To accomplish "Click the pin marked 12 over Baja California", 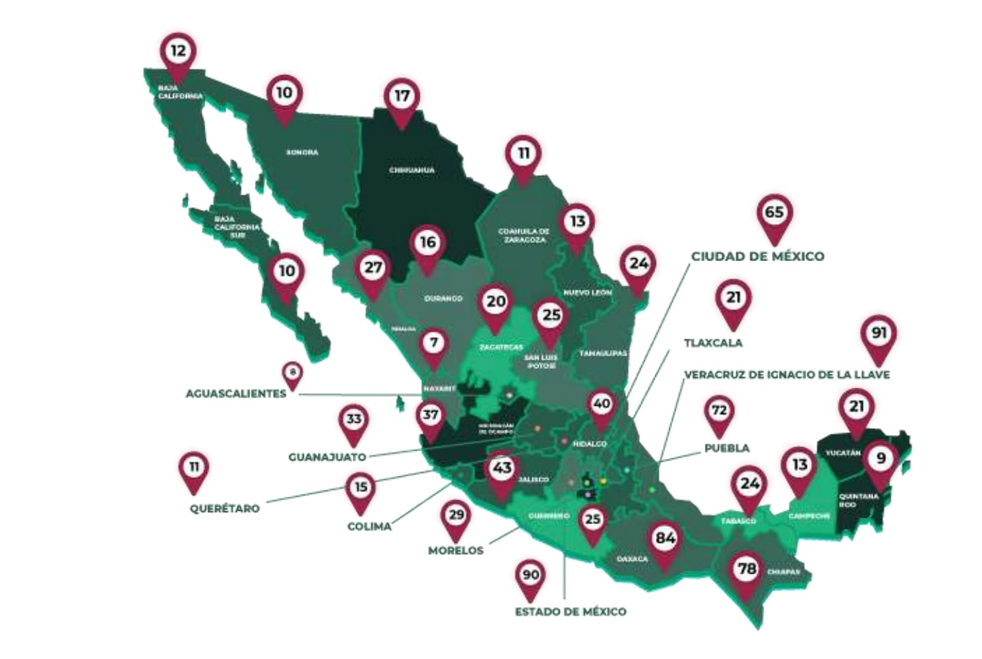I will (178, 51).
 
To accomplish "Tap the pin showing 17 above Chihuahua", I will (402, 96).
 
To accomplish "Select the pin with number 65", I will (774, 213).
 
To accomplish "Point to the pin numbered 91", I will (879, 334).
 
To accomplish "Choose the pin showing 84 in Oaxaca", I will (665, 538).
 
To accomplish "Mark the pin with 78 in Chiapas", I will (747, 569).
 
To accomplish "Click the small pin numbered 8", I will (292, 372).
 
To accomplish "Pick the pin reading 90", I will (531, 575).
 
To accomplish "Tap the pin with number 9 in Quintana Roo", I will (881, 458).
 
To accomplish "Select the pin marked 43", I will (502, 468).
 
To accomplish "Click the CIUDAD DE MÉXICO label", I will (757, 256).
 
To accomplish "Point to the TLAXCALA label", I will (712, 343).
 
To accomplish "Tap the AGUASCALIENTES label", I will (235, 394).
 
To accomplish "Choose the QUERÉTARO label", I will (224, 509).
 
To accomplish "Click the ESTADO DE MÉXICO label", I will (570, 612).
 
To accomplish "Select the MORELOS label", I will (455, 551).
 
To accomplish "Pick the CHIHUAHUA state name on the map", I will (411, 170).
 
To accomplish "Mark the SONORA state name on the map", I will (302, 152).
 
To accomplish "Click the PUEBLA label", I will (726, 448).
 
